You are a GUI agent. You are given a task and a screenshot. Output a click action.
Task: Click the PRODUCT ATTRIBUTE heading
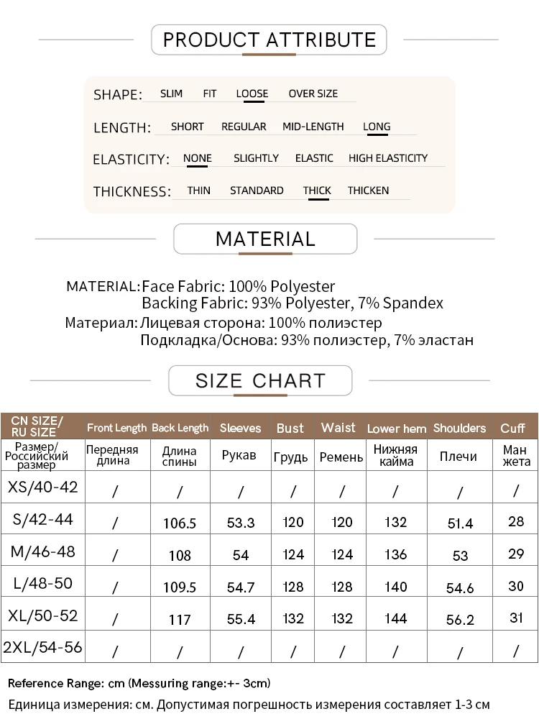(x=269, y=40)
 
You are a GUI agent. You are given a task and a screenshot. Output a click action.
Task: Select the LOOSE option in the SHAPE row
(x=252, y=93)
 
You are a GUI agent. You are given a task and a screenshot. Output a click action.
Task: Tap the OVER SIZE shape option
(x=313, y=93)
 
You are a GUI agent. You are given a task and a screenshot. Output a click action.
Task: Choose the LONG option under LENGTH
(x=377, y=127)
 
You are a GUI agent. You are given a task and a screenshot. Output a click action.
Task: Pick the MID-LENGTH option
(x=313, y=127)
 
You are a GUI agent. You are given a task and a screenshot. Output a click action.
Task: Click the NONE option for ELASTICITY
(x=197, y=158)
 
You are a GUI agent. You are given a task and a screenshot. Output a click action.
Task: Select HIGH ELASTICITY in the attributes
(x=387, y=158)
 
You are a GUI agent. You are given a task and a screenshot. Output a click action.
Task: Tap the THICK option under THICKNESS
(x=317, y=191)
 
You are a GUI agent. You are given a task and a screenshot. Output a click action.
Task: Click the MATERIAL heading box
(x=265, y=239)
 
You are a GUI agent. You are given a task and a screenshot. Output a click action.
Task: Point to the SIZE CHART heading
(x=260, y=380)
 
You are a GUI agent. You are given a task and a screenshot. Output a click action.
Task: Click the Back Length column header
(x=180, y=428)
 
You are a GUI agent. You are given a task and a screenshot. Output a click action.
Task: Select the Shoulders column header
(x=459, y=428)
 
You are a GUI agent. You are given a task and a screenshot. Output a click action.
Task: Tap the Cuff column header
(x=512, y=428)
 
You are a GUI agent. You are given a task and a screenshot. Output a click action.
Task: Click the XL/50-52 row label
(x=42, y=616)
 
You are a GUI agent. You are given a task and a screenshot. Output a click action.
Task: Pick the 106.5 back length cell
(x=180, y=523)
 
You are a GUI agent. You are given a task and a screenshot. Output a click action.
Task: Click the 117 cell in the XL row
(x=180, y=619)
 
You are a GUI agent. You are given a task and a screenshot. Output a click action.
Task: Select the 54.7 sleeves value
(x=240, y=587)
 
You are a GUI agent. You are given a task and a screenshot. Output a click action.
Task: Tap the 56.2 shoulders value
(x=460, y=619)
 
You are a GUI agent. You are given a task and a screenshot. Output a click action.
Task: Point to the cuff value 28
(x=516, y=521)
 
